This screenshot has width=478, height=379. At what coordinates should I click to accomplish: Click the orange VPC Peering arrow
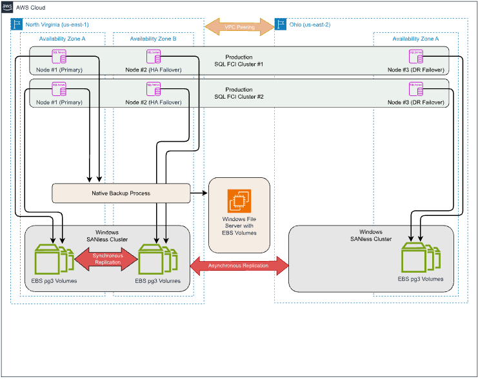pos(239,26)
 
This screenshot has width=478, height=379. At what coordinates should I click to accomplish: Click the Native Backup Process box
pos(121,192)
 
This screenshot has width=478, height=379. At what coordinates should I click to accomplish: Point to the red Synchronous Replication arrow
pos(107,258)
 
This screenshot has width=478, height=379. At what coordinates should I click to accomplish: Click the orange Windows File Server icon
pos(238,201)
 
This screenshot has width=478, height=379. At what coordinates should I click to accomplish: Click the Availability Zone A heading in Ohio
pos(415,39)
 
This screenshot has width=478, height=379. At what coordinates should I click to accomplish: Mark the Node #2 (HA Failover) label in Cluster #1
pos(154,69)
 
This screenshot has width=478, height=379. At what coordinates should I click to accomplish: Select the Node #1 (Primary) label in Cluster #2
pos(59,102)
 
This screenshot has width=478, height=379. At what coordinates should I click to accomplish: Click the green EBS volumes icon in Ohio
pos(420,257)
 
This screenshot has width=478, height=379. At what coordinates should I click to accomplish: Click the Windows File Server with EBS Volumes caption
pos(238,226)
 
